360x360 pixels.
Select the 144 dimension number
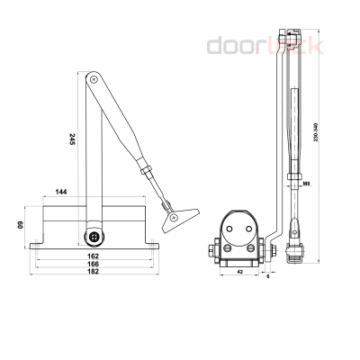(x=62, y=193)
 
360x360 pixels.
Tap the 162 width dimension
(x=94, y=256)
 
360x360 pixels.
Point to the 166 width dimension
(x=94, y=265)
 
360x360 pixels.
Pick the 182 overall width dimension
(x=94, y=274)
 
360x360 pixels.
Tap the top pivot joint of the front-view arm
(x=93, y=80)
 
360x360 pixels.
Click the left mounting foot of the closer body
(x=36, y=244)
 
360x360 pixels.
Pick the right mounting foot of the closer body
(x=151, y=244)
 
